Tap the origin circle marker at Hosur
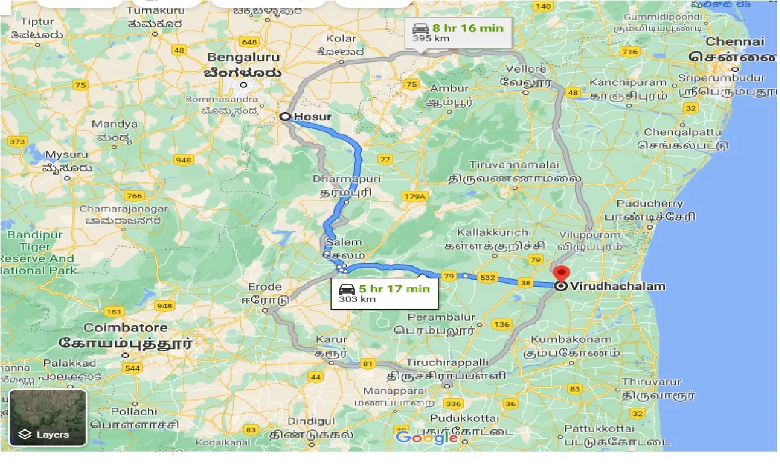tap(285, 117)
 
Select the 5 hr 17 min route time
tap(394, 288)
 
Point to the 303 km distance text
tap(357, 299)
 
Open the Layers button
tap(48, 418)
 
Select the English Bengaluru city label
tap(244, 57)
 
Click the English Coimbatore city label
tap(125, 328)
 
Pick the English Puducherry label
tap(649, 204)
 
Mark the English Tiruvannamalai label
tap(514, 165)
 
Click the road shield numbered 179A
tap(415, 196)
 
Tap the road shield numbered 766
tap(134, 195)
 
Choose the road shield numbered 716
tap(630, 52)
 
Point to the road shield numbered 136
tap(501, 324)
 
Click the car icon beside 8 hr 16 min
tap(420, 27)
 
